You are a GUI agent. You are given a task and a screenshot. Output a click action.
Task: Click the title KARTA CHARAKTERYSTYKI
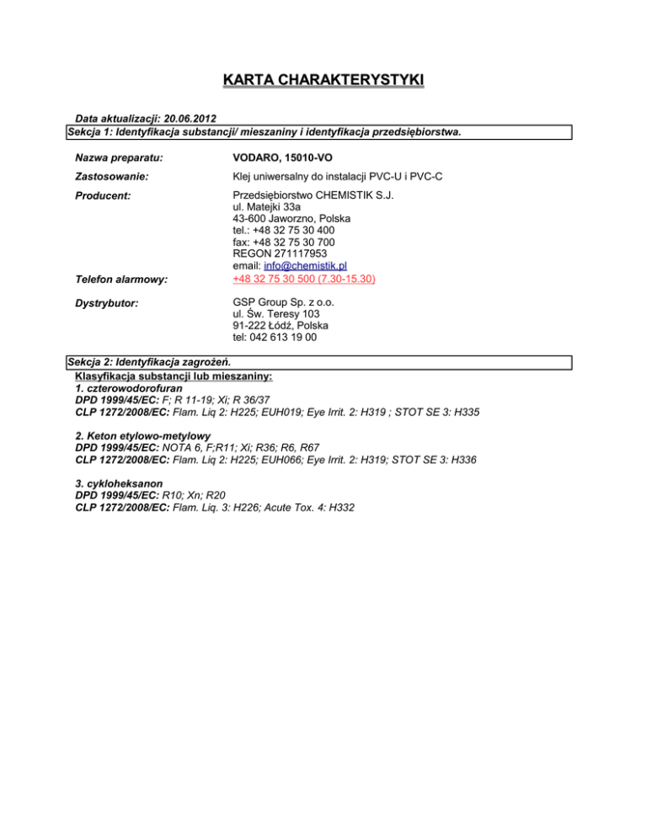[323, 81]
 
